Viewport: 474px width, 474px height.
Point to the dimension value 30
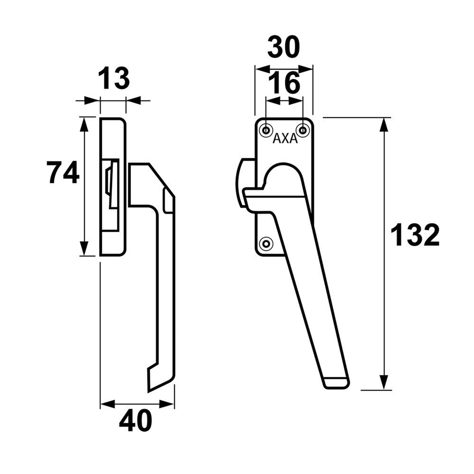click(x=283, y=47)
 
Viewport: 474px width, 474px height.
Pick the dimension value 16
click(x=284, y=83)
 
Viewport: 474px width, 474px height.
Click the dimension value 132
click(x=415, y=235)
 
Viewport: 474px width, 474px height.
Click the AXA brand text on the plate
click(x=284, y=139)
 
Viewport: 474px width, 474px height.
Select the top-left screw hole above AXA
click(x=266, y=129)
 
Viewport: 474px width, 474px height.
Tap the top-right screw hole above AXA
click(x=302, y=129)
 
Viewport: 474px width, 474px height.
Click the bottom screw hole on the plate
click(x=267, y=244)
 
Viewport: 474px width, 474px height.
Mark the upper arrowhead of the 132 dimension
click(x=384, y=125)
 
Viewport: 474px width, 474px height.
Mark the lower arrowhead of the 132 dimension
click(x=384, y=382)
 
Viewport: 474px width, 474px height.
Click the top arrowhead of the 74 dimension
click(x=84, y=124)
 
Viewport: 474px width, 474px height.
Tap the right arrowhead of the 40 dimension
click(x=167, y=404)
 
